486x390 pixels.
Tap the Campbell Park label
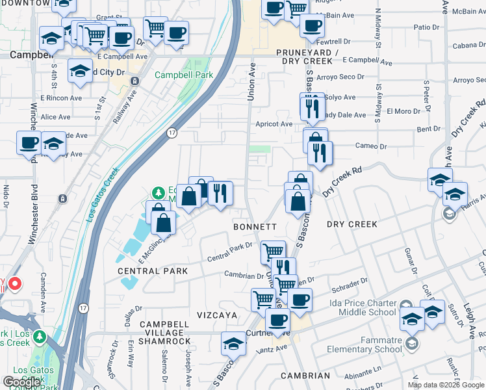tap(184, 75)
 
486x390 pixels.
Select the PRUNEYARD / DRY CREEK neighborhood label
tap(304, 56)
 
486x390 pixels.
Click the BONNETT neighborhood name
tap(255, 226)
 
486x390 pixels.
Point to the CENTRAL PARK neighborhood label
tap(153, 270)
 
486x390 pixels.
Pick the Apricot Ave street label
tap(274, 123)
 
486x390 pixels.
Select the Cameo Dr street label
tap(371, 146)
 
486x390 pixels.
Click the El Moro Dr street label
tap(403, 111)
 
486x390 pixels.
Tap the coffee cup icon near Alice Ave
tap(29, 142)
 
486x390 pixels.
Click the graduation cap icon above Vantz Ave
tap(233, 342)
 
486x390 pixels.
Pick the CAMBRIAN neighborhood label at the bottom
tap(305, 376)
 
